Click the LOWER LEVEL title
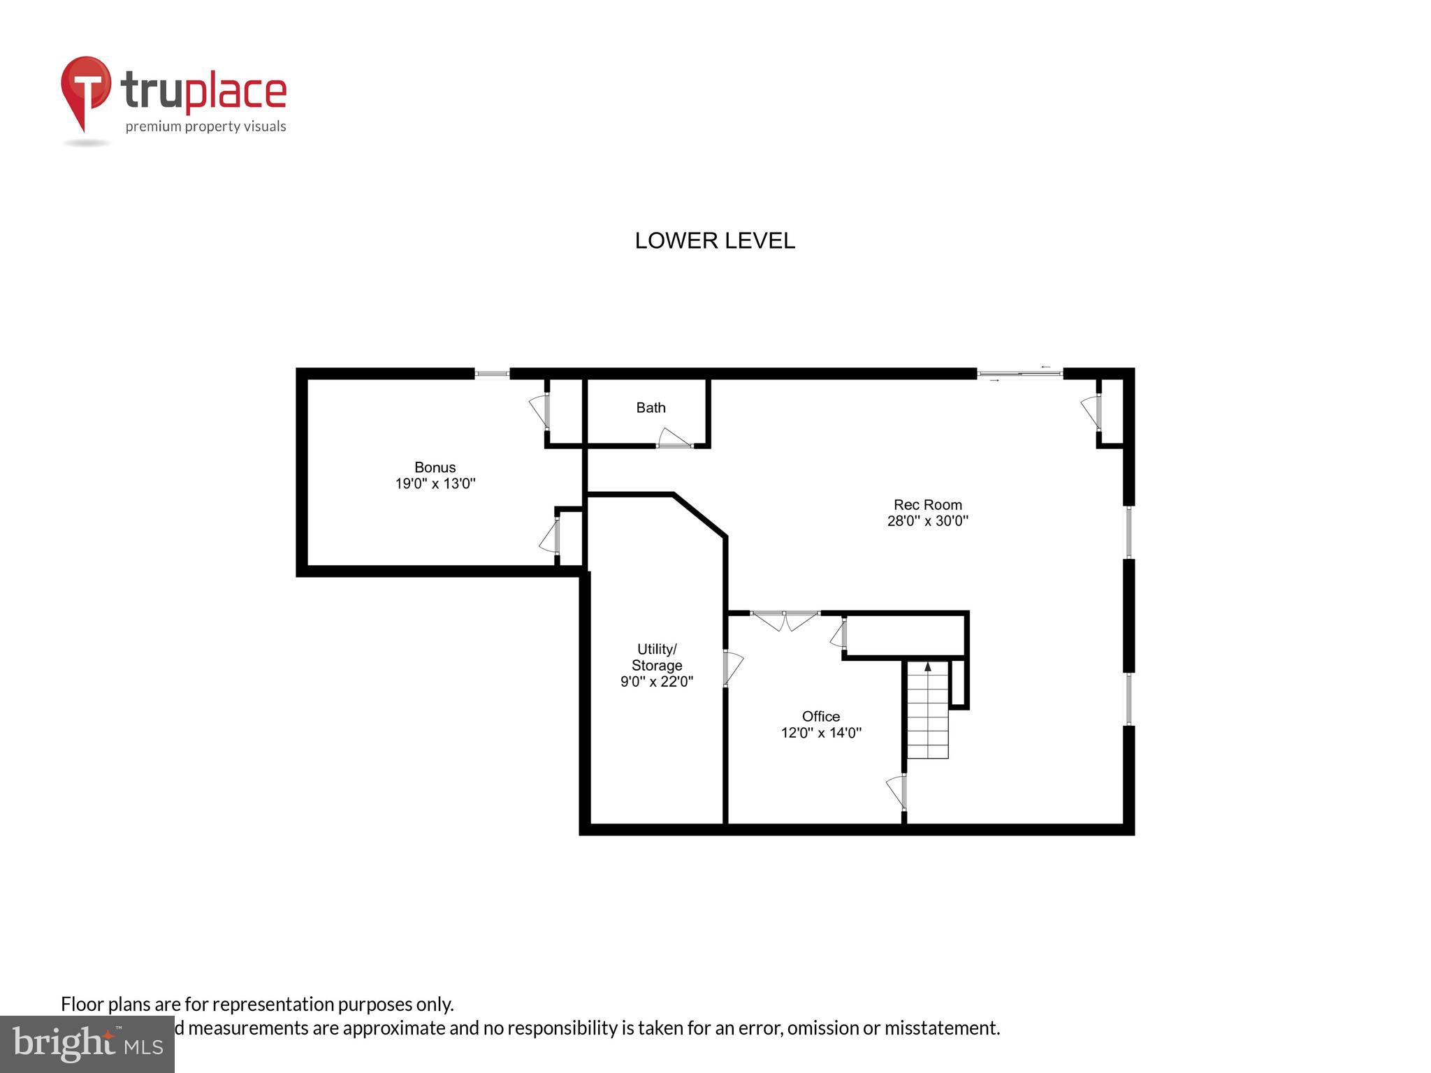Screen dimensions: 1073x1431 [x=714, y=241]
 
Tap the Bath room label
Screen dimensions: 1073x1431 [x=651, y=408]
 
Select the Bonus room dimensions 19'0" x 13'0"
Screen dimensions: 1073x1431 [x=435, y=483]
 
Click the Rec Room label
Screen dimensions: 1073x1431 [x=927, y=504]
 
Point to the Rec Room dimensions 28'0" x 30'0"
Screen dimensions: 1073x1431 [x=927, y=521]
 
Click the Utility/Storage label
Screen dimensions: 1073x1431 [x=656, y=657]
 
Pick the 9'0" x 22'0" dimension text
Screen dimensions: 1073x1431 [x=656, y=682]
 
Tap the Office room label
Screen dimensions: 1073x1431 [x=820, y=716]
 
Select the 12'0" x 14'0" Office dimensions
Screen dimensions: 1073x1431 [x=820, y=733]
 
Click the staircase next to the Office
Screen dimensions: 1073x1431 [x=927, y=720]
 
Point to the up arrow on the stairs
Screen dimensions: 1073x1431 [x=928, y=667]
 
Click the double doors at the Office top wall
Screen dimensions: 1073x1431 [x=785, y=619]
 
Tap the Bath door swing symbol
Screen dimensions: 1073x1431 [x=674, y=438]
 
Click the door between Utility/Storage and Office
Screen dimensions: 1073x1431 [x=731, y=667]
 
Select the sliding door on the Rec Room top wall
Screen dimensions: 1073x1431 [x=1019, y=374]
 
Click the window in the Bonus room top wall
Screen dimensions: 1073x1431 [x=492, y=374]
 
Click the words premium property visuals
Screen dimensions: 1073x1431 [x=205, y=126]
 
